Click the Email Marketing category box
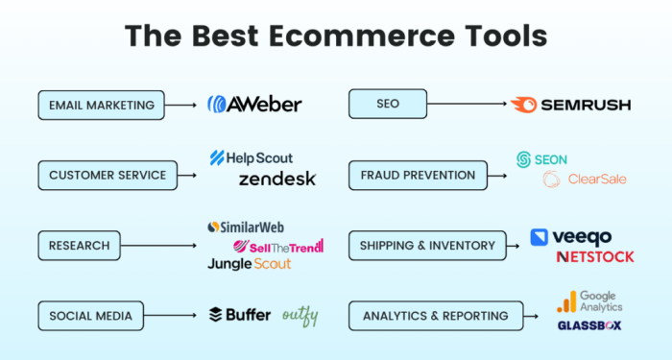[x=101, y=104]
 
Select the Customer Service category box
[x=108, y=175]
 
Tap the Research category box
[x=80, y=245]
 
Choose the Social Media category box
[x=90, y=315]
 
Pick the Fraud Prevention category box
[x=418, y=175]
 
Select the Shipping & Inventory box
[x=426, y=245]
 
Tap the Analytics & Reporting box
[x=435, y=315]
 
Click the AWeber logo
[x=254, y=104]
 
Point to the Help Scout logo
[x=252, y=157]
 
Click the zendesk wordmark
[x=276, y=179]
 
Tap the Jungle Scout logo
[x=249, y=263]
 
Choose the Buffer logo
[x=240, y=315]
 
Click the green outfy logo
[x=300, y=315]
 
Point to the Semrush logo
[x=570, y=104]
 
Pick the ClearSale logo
[x=585, y=180]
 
